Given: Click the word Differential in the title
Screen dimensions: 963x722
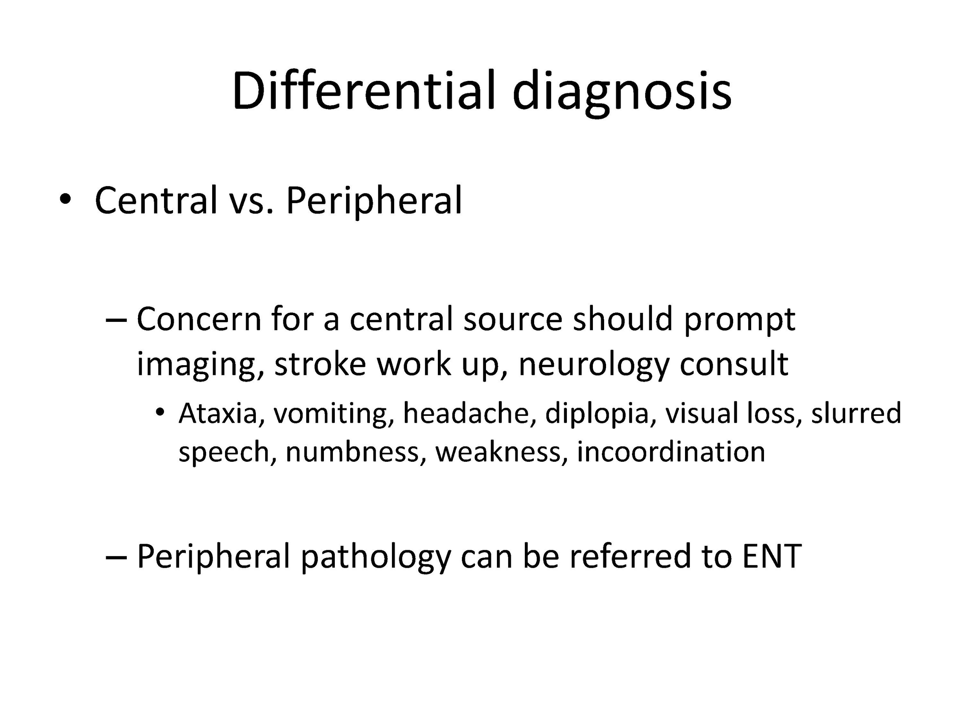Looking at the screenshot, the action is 365,91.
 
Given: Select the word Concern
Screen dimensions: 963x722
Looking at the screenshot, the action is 199,319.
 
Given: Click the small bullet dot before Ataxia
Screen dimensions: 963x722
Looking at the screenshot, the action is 160,411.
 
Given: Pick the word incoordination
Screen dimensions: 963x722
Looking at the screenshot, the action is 671,452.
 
